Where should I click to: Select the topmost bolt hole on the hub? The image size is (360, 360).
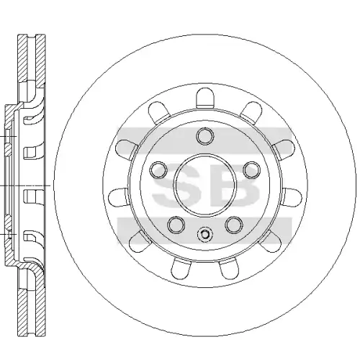(x=205, y=136)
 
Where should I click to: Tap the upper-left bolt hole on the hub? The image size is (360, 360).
(x=158, y=170)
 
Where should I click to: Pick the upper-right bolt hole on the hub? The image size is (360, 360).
(x=252, y=170)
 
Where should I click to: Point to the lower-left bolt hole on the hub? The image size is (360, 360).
(x=176, y=225)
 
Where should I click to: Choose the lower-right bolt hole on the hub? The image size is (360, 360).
(x=234, y=225)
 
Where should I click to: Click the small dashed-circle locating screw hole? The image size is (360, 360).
(x=205, y=234)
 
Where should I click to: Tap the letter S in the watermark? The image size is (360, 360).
(x=176, y=185)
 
